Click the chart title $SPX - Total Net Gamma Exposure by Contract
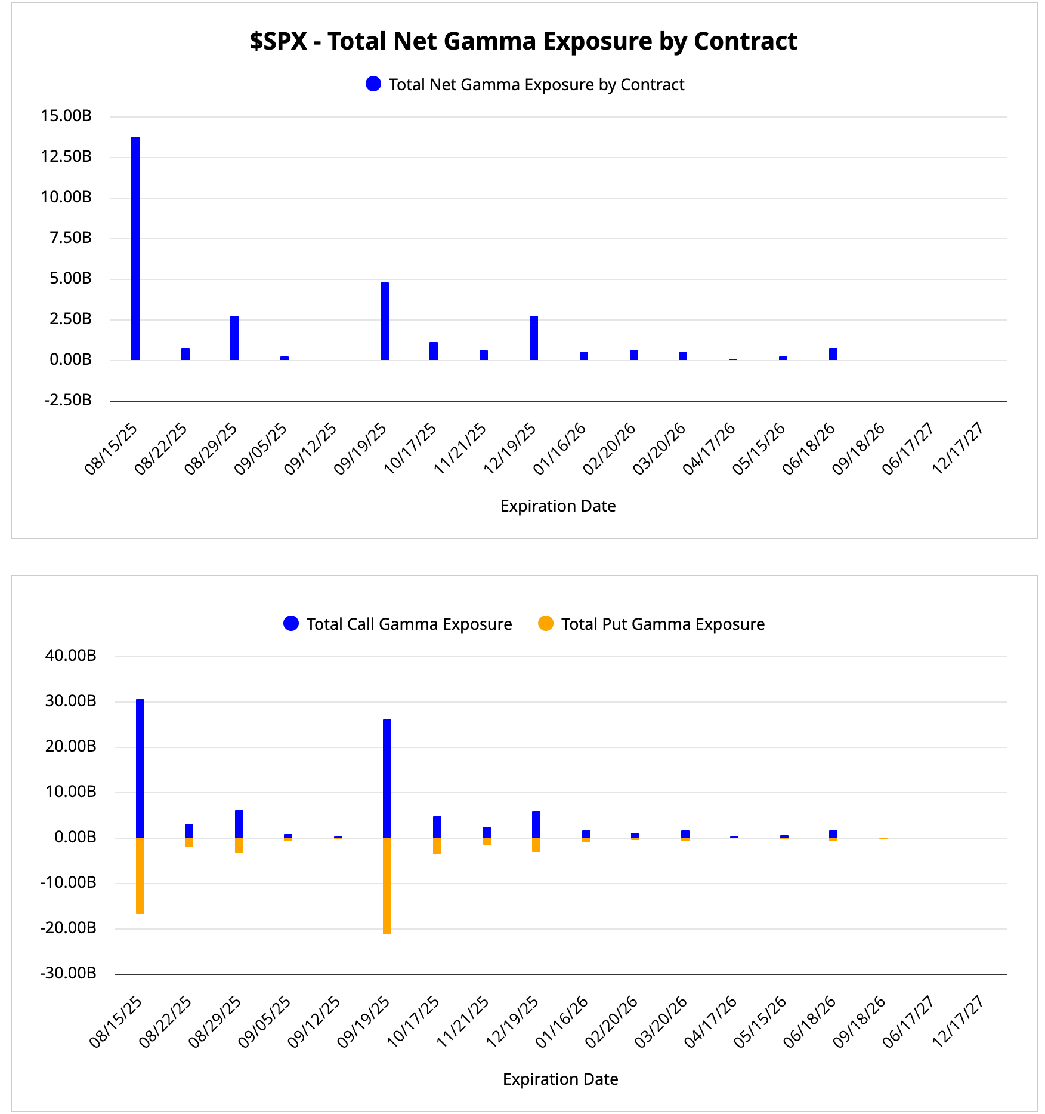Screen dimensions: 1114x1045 click(x=523, y=41)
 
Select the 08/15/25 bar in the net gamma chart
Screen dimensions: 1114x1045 click(x=135, y=248)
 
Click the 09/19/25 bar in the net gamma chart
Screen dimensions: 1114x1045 click(x=385, y=321)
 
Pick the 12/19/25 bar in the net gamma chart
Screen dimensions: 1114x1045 click(x=534, y=338)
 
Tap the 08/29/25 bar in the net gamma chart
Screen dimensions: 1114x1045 click(x=234, y=338)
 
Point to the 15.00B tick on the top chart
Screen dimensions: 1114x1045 click(x=66, y=116)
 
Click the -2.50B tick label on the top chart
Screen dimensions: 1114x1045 click(x=68, y=400)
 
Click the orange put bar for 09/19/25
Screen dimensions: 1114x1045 click(x=387, y=885)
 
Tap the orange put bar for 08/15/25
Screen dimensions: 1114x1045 click(x=140, y=875)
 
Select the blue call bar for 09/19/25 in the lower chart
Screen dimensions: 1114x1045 click(x=387, y=778)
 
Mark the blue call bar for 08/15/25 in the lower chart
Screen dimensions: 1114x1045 click(x=140, y=768)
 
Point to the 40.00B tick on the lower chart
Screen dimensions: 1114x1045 click(x=70, y=656)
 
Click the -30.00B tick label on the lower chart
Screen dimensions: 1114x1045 click(x=68, y=973)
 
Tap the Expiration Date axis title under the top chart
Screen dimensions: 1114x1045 click(x=558, y=506)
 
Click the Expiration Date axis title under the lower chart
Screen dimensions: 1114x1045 click(x=560, y=1079)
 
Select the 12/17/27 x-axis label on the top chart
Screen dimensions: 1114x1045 click(x=958, y=448)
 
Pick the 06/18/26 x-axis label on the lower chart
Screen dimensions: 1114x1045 click(x=809, y=1021)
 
